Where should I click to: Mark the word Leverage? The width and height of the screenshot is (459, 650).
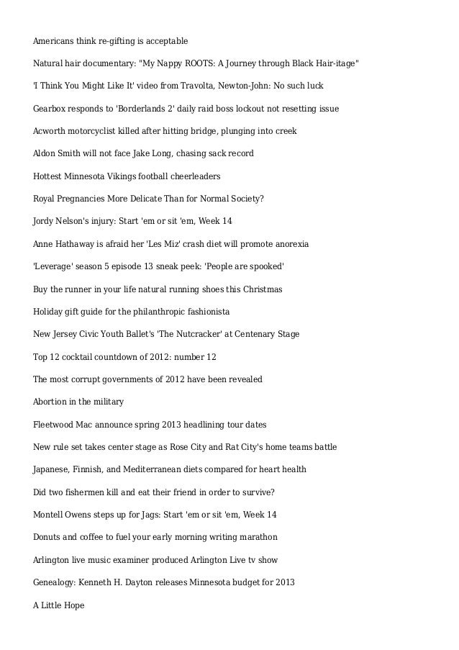[x=56, y=267]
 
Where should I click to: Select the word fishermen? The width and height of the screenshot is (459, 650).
[x=91, y=492]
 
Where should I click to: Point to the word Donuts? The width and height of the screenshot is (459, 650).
[x=49, y=538]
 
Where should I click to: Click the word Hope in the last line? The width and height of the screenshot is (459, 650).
[x=73, y=605]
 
